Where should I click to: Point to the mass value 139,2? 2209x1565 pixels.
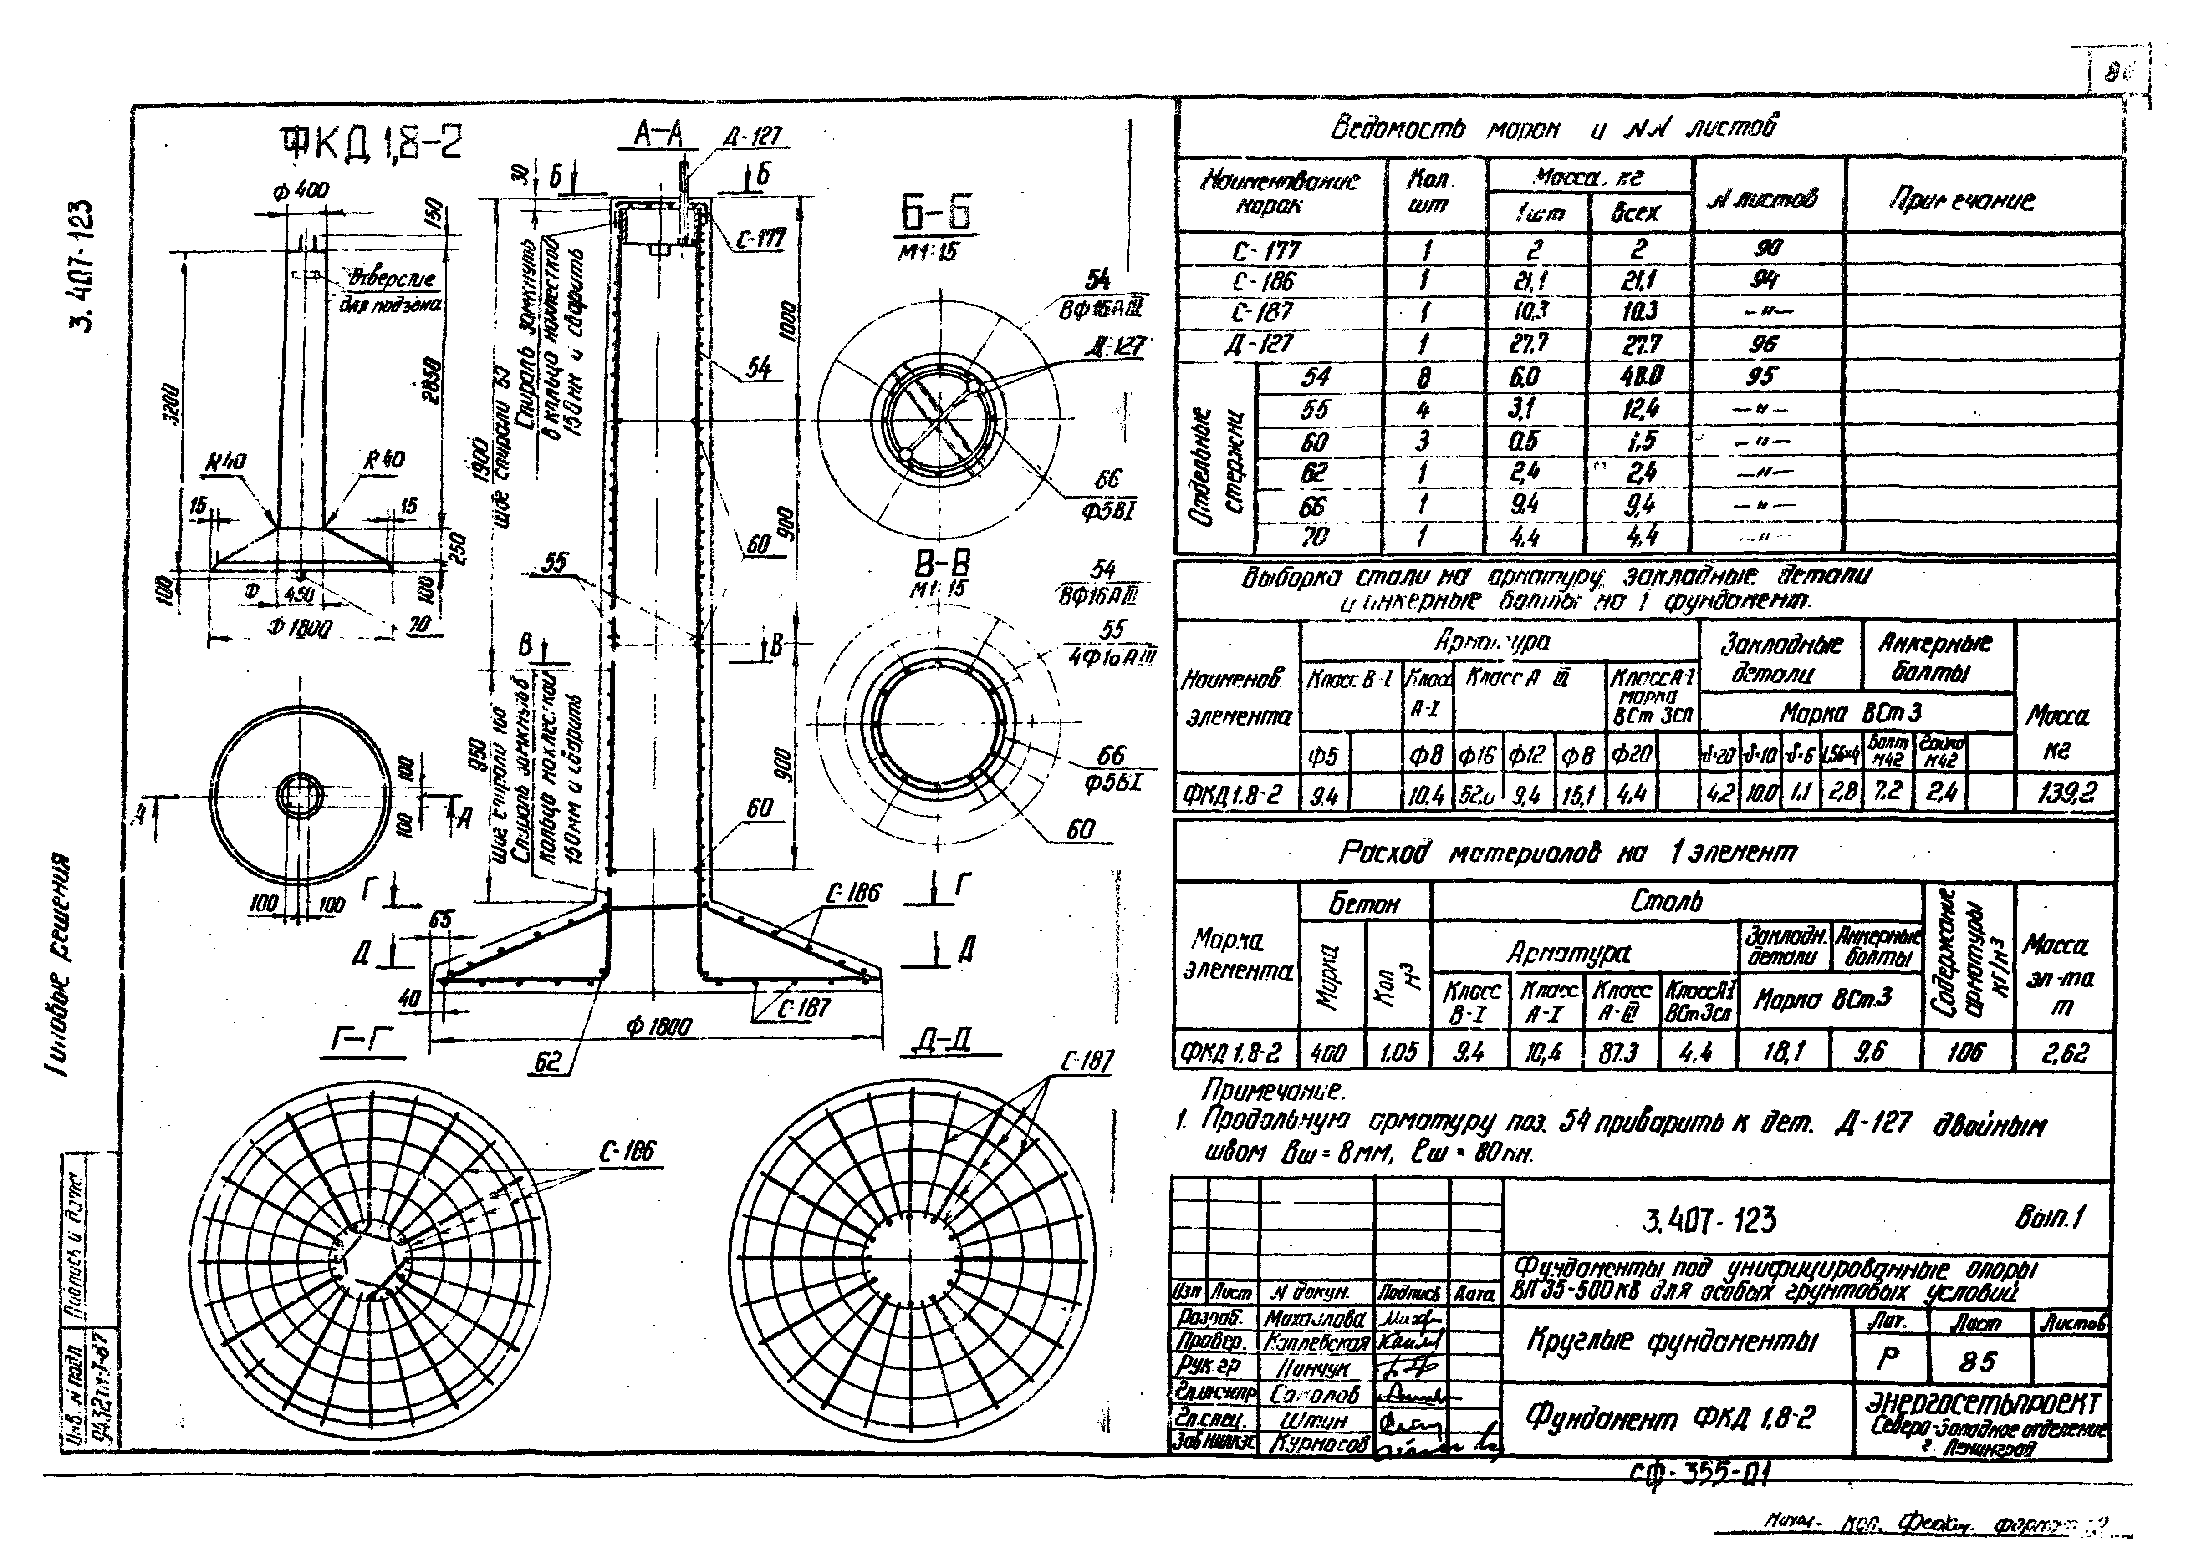click(x=2066, y=793)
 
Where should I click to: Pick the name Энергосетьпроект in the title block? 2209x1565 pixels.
click(x=1985, y=1402)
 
